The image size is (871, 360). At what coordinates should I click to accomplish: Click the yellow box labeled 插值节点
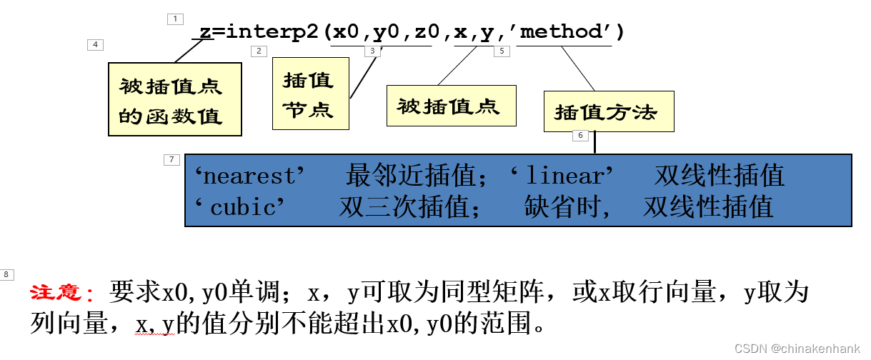[x=310, y=94]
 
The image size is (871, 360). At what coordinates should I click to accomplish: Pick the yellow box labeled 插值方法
[x=608, y=111]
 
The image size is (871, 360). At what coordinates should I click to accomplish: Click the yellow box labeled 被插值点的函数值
[x=174, y=99]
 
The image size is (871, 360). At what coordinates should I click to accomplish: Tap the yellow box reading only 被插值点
[x=450, y=106]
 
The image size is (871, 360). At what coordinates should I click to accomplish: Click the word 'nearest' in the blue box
[x=250, y=175]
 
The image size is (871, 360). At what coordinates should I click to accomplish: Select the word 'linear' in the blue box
[x=563, y=175]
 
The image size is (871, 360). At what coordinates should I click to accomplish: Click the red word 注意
[x=61, y=293]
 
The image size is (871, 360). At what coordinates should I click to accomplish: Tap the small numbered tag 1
[x=175, y=19]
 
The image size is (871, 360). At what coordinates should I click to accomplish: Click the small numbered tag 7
[x=171, y=160]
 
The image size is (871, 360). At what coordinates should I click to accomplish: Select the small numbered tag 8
[x=7, y=274]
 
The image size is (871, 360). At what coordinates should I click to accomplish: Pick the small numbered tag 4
[x=95, y=45]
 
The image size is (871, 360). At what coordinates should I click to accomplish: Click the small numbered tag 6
[x=580, y=136]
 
